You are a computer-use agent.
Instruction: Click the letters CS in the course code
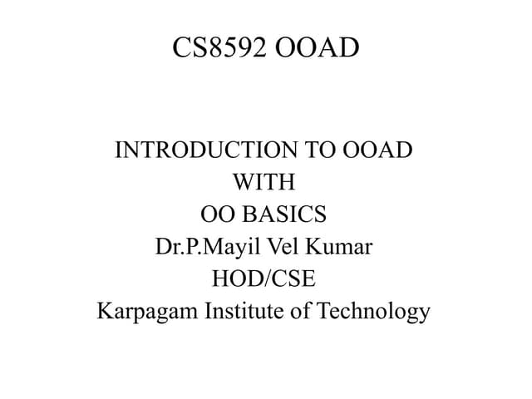[188, 47]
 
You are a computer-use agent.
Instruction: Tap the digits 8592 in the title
[236, 47]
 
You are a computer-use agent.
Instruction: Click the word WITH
[264, 182]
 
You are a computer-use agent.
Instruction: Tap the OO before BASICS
[217, 214]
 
